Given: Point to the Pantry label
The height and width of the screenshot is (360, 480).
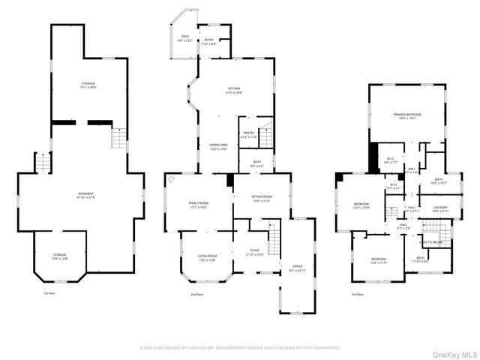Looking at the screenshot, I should point(248,136).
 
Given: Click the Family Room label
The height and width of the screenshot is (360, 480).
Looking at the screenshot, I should point(198,205).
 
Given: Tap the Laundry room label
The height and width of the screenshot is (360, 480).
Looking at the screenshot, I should point(439,210).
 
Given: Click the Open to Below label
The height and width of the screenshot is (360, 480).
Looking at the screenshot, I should point(430,242).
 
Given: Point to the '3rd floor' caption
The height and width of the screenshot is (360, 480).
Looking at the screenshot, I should point(358,295).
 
